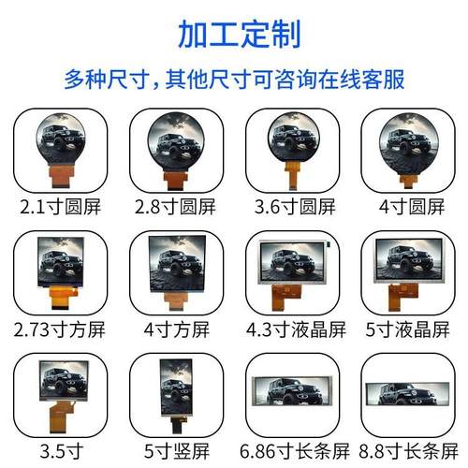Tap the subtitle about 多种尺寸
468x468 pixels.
[x=234, y=79]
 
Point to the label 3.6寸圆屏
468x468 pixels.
[x=293, y=203]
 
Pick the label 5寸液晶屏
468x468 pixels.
[x=406, y=329]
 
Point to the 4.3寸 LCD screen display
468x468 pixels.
[x=293, y=261]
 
